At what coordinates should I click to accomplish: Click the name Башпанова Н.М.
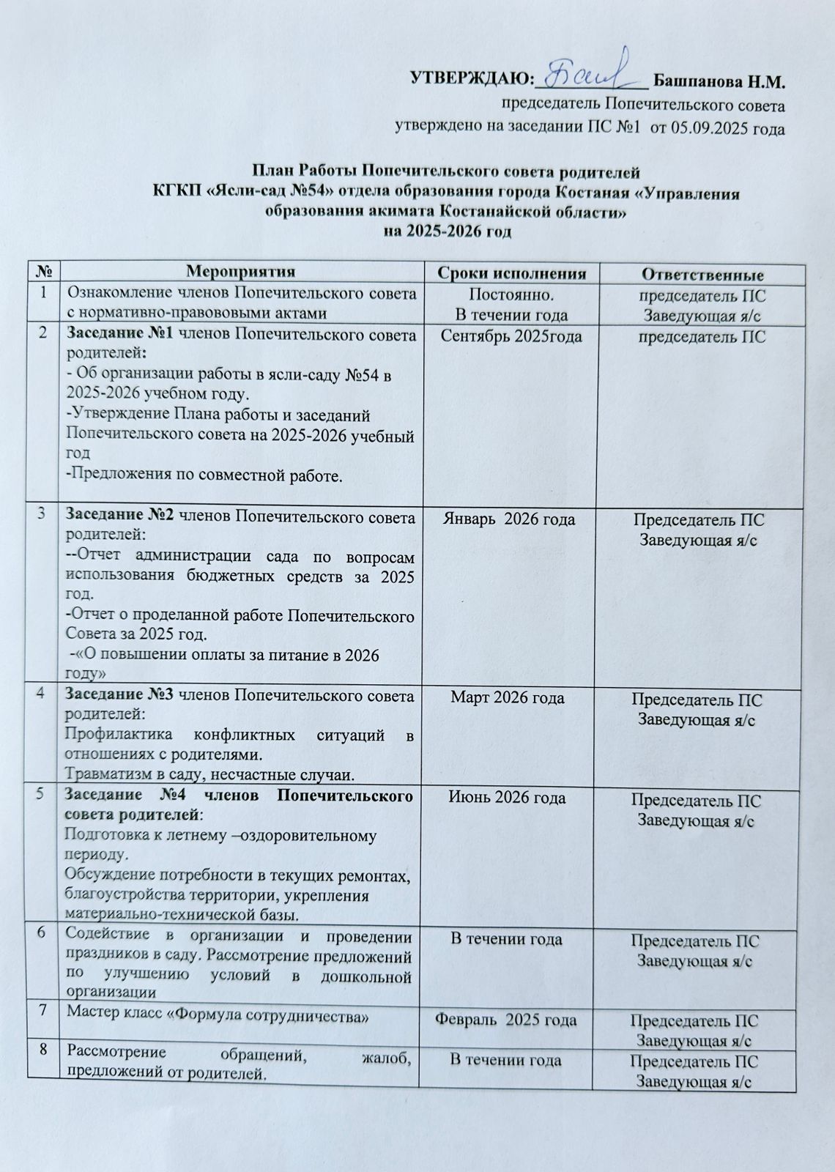[718, 79]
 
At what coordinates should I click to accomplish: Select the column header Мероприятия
[241, 272]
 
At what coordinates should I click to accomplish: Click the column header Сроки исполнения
[511, 274]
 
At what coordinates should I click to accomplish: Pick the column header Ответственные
[702, 275]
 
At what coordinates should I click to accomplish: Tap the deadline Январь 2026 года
[510, 519]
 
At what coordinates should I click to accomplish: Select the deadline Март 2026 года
[508, 697]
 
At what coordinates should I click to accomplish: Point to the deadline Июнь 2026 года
[508, 797]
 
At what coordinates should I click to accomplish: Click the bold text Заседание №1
[120, 335]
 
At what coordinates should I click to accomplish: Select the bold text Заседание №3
[120, 694]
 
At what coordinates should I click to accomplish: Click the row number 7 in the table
[45, 1011]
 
